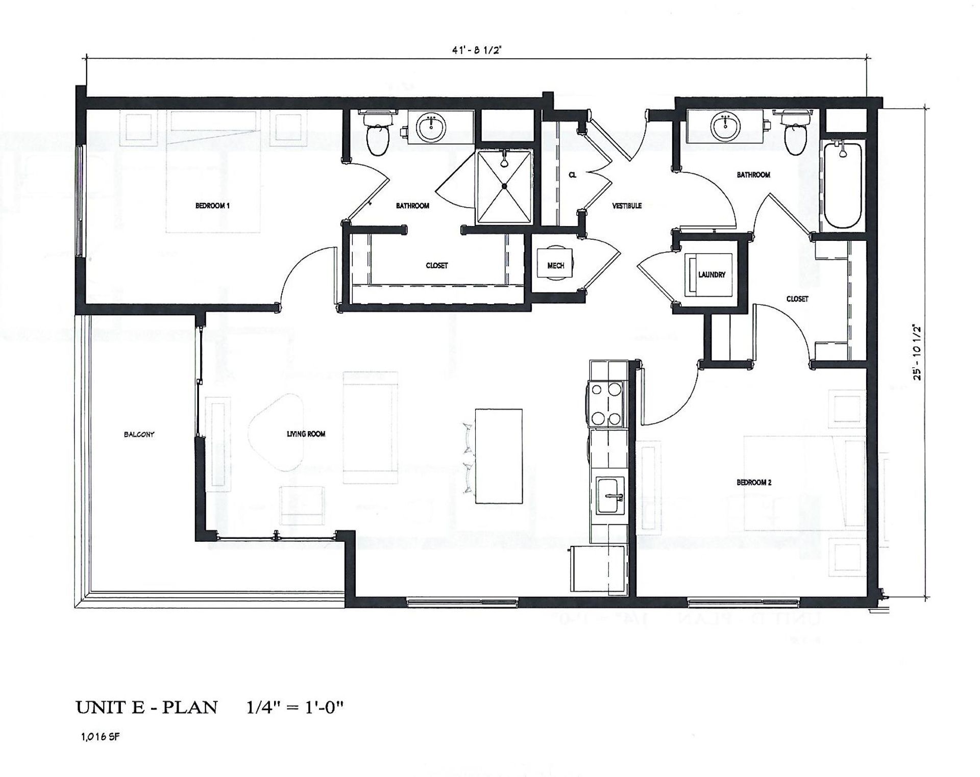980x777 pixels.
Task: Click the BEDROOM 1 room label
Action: point(212,206)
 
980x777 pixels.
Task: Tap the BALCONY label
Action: point(139,435)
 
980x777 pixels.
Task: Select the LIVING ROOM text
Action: point(306,434)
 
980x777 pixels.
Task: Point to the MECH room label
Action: point(555,266)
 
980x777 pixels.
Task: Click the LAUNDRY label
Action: point(712,275)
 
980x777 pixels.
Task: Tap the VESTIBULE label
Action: point(627,206)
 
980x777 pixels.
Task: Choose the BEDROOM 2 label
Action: point(753,483)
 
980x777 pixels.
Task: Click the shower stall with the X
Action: point(504,187)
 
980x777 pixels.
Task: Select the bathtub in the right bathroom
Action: point(843,186)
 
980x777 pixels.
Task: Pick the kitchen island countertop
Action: point(498,456)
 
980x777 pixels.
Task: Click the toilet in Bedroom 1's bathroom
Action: point(378,136)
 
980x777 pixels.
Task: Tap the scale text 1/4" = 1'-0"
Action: point(295,708)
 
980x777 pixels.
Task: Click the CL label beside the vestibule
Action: point(572,175)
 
